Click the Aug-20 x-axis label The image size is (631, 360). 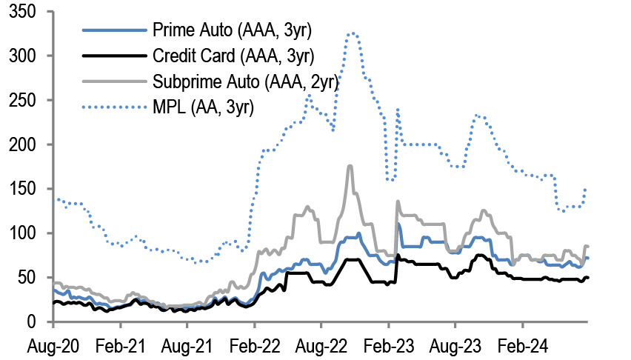coord(53,345)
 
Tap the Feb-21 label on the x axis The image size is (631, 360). coord(120,345)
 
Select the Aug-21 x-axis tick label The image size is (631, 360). coord(187,345)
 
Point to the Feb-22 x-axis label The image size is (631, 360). coord(254,345)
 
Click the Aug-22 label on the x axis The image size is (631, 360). coord(321,345)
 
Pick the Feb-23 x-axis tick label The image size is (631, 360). coord(387,345)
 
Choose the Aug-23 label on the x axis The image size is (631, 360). coord(454,345)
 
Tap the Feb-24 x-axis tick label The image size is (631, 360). coord(521,345)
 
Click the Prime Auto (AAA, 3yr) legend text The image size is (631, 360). coord(233,30)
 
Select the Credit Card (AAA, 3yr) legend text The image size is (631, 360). coord(232,56)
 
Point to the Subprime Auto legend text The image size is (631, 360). coord(245,81)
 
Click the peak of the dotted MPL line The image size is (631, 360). coord(353,33)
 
